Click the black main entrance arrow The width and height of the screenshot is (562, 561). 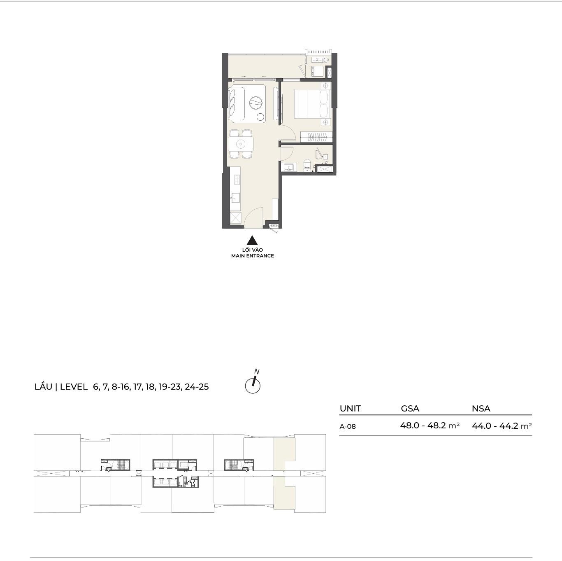[x=252, y=241]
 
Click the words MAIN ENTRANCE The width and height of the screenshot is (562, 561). [x=253, y=256]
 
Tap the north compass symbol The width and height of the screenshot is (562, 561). [x=253, y=383]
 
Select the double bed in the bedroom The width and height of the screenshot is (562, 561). [x=312, y=104]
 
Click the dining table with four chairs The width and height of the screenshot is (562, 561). [x=241, y=144]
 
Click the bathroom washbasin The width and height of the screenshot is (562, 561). [x=290, y=167]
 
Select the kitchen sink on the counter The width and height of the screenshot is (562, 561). [x=235, y=198]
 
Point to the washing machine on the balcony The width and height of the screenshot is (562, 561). [x=318, y=71]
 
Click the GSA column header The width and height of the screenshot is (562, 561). [x=410, y=409]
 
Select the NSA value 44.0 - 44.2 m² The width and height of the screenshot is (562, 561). [x=502, y=426]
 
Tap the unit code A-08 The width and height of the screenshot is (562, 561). [x=348, y=426]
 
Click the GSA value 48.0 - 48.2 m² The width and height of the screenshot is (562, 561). [x=430, y=425]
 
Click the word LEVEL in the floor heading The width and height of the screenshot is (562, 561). [x=74, y=387]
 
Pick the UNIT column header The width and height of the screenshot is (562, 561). [x=350, y=409]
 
